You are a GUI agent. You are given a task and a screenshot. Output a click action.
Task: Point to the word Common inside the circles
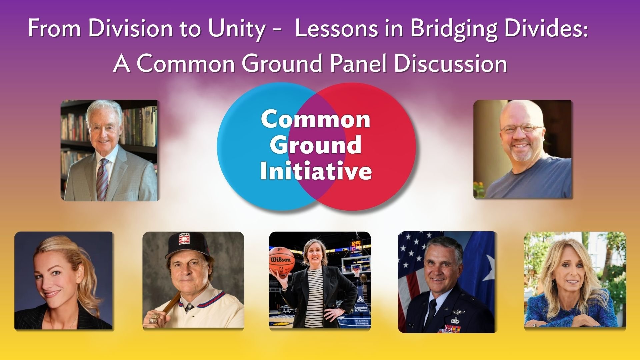316,119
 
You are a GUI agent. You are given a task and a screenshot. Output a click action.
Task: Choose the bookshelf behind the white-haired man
75,140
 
